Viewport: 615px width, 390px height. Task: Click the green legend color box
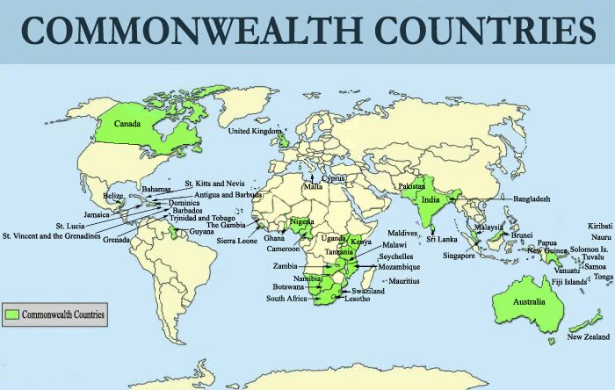[x=12, y=314]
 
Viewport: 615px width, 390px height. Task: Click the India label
[x=430, y=199]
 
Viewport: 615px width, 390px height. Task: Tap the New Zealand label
[x=588, y=337]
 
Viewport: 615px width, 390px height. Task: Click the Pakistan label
[x=411, y=186]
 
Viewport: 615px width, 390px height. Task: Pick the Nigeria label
[x=301, y=222]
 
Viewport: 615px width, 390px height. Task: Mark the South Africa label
[x=286, y=299]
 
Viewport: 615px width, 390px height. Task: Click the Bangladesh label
[x=532, y=199]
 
